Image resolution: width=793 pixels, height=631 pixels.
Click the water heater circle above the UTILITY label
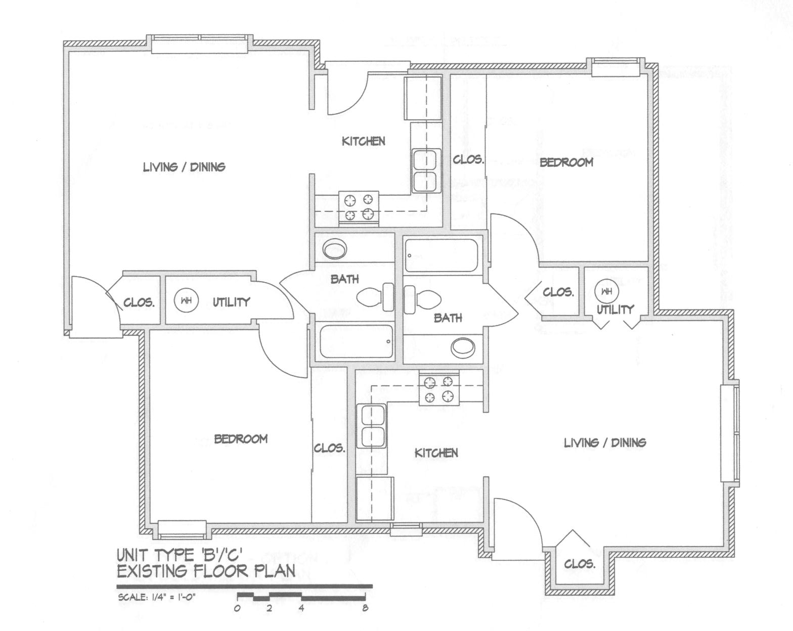click(606, 291)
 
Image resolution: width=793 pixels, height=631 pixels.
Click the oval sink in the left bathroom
click(334, 249)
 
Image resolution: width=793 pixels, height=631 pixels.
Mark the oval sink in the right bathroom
click(463, 347)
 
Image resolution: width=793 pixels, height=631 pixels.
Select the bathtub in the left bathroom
click(356, 342)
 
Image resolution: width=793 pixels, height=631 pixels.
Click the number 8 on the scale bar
click(365, 608)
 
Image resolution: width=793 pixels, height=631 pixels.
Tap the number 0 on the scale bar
click(237, 608)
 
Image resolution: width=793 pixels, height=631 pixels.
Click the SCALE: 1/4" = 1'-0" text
click(156, 597)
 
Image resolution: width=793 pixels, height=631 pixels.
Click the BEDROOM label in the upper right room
click(566, 162)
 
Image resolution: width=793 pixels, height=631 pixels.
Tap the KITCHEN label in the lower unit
click(436, 453)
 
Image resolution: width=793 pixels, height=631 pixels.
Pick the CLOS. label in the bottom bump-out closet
click(579, 563)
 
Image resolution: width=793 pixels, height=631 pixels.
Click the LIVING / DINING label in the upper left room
click(184, 166)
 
